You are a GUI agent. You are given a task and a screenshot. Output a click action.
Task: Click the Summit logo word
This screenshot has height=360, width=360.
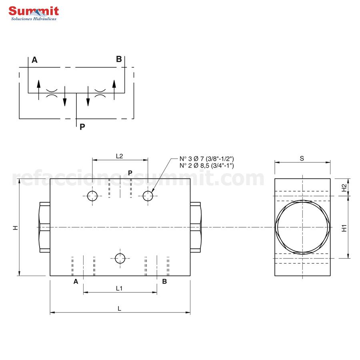34,11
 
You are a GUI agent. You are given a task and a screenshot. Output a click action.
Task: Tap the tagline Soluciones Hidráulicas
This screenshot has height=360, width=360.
34,19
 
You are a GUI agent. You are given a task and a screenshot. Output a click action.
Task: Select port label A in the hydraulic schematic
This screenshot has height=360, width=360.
35,60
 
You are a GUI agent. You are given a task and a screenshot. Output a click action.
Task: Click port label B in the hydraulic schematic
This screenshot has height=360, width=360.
119,59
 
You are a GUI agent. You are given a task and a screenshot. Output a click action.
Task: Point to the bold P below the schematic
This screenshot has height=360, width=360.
82,127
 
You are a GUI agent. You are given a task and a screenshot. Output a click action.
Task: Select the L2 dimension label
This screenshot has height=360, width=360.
119,156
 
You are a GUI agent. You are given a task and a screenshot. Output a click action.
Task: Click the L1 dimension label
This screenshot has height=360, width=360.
119,288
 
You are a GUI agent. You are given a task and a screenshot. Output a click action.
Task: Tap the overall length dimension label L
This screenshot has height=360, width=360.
119,308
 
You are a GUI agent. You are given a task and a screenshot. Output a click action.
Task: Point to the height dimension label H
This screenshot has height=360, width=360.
15,227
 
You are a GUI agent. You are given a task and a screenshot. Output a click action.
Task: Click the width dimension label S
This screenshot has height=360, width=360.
302,158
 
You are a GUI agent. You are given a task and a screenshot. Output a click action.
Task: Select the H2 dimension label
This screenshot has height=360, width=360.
344,188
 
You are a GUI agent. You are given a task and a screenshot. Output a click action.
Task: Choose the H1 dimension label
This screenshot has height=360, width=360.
344,228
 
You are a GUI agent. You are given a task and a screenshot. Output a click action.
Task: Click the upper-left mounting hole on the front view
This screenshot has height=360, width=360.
92,196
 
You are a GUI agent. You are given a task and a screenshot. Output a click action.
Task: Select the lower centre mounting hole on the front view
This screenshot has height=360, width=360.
120,258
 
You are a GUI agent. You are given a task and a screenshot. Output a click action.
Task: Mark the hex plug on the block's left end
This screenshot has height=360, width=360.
44,228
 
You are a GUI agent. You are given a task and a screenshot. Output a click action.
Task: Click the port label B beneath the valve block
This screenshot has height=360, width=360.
164,282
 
